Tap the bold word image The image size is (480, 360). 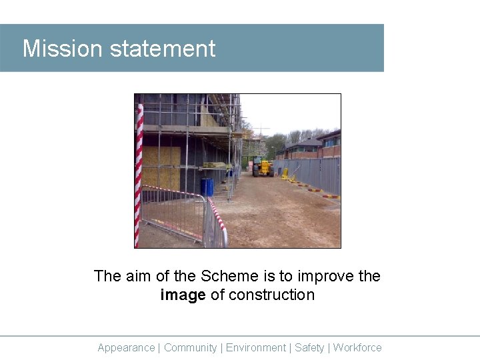point(183,295)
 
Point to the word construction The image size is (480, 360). point(271,295)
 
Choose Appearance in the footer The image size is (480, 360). point(126,347)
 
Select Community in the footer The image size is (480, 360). point(190,347)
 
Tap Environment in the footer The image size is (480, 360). point(255,347)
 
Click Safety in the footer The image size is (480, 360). point(309,347)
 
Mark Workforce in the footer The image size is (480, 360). point(357,347)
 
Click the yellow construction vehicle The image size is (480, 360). point(263,167)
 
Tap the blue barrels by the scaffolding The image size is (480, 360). point(207,187)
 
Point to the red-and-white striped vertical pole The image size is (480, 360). point(139,173)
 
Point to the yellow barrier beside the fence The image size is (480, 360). point(286,174)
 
